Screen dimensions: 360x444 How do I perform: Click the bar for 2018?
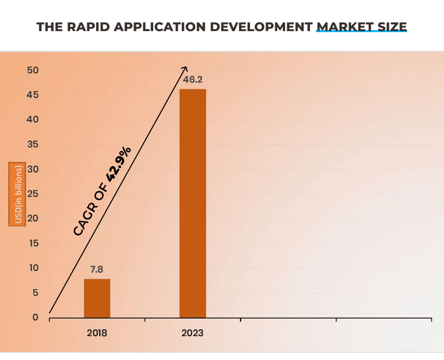point(97,298)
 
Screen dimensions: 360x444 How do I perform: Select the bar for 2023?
point(193,203)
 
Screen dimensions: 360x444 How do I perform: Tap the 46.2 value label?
point(193,80)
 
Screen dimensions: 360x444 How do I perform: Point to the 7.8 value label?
point(97,270)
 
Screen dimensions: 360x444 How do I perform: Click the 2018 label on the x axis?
point(97,333)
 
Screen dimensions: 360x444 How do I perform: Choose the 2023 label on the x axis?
point(193,333)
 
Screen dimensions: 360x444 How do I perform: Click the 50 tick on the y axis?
point(33,71)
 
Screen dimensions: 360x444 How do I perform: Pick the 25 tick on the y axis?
point(33,194)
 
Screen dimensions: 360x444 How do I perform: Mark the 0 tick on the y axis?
point(35,317)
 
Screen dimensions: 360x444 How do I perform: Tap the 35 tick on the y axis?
point(33,145)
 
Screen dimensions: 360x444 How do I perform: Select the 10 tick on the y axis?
point(33,268)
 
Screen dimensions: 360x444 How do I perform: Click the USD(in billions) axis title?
point(17,194)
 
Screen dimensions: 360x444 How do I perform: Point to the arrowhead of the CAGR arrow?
point(185,68)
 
